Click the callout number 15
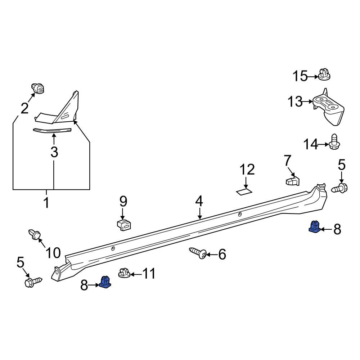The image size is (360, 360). click(x=300, y=76)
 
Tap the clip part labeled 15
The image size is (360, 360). click(x=324, y=75)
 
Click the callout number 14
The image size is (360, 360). click(x=310, y=145)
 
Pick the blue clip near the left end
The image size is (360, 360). click(x=105, y=282)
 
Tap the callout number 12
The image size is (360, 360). click(x=247, y=169)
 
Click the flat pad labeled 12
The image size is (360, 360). click(x=244, y=191)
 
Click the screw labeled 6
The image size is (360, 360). click(x=198, y=253)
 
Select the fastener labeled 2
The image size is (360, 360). click(x=38, y=88)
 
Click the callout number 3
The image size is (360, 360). click(x=54, y=152)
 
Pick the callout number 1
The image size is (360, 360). click(x=46, y=203)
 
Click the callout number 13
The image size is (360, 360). click(x=295, y=102)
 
